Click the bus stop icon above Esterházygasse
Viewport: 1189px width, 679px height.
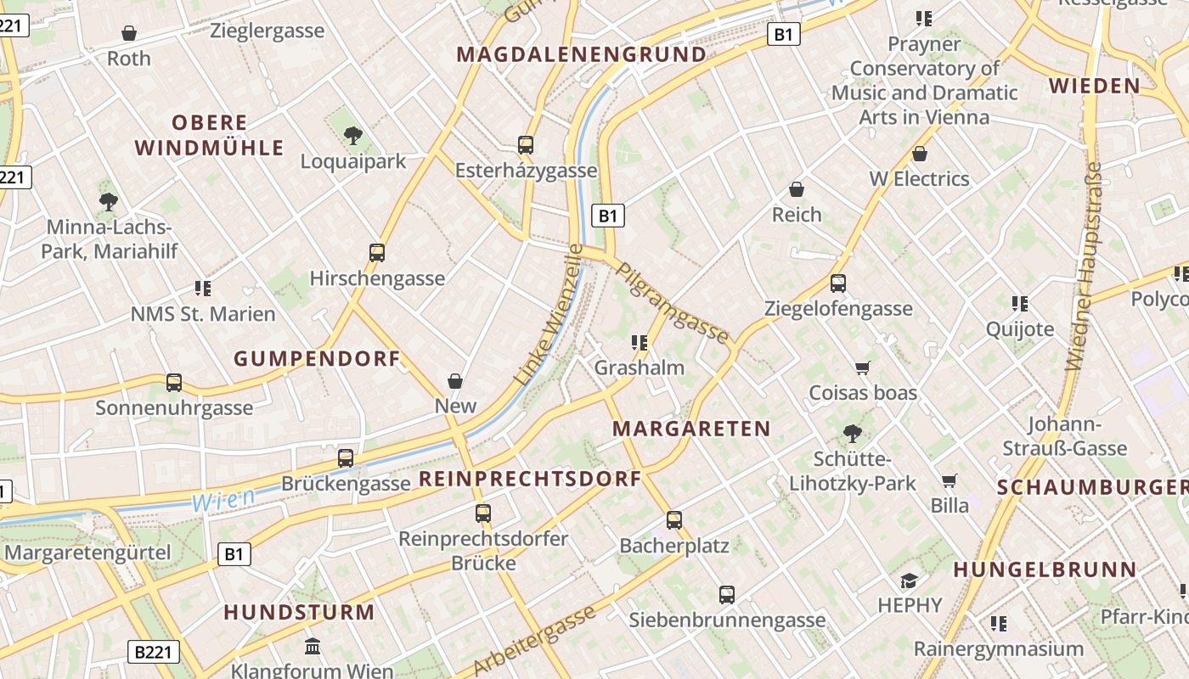(526, 145)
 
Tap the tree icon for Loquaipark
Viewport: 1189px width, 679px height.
(353, 135)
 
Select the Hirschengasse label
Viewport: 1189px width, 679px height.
(377, 278)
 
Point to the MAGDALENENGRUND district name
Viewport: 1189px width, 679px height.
(582, 55)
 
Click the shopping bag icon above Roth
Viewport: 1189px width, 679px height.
(129, 33)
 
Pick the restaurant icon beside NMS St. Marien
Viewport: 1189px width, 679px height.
(203, 289)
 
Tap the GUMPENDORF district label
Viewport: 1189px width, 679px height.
(317, 359)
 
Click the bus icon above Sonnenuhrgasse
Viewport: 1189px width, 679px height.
(174, 383)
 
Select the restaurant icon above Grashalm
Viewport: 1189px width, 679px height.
(640, 343)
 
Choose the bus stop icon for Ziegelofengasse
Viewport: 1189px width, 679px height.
(838, 283)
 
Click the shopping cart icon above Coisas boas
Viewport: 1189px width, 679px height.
(863, 368)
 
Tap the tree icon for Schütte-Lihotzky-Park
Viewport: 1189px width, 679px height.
(853, 435)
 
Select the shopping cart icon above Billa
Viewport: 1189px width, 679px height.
(950, 480)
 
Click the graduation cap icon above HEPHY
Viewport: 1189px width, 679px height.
(910, 581)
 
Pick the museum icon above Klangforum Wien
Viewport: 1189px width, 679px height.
(313, 647)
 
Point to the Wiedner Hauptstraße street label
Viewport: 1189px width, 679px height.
(1083, 267)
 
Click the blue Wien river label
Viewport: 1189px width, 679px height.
(223, 500)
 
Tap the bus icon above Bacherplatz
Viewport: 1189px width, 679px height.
(674, 520)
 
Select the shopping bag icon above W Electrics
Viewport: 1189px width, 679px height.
(919, 154)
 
